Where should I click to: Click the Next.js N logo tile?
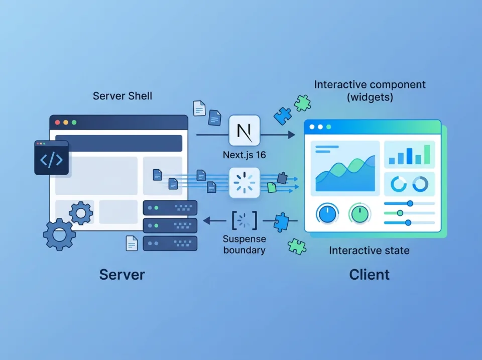pos(245,130)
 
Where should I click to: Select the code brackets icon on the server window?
pos(51,158)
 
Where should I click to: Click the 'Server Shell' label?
pos(123,96)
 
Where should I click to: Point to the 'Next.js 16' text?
pos(245,155)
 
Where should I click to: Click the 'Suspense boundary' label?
pos(244,244)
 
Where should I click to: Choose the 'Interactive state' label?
pos(369,250)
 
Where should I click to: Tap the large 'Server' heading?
pos(122,275)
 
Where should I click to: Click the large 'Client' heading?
pos(369,275)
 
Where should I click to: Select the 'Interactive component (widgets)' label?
pos(370,90)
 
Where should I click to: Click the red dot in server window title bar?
pos(57,122)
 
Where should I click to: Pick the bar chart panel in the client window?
pos(410,154)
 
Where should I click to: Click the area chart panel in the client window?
pos(345,166)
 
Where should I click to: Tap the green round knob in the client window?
pos(360,213)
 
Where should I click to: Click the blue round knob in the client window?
pos(327,213)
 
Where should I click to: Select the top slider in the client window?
pos(409,203)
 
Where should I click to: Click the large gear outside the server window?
pos(59,234)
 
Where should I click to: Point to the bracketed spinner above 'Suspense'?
pos(244,220)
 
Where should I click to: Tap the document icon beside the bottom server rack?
pos(132,243)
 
